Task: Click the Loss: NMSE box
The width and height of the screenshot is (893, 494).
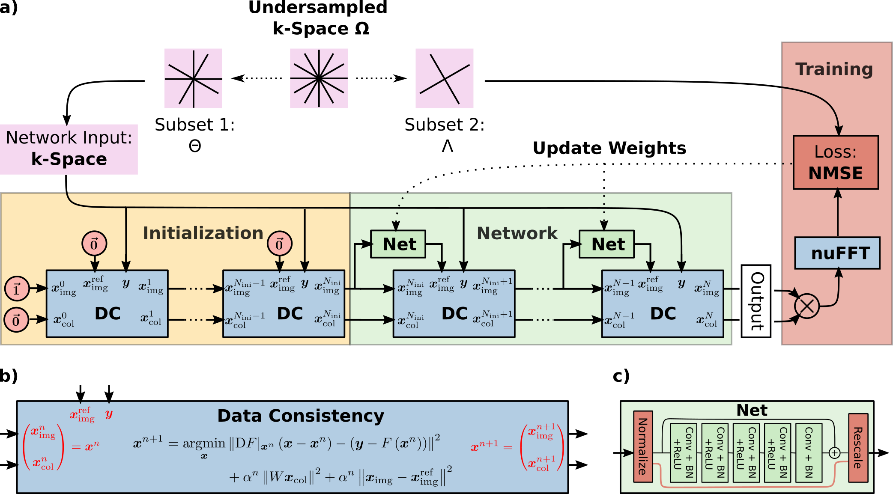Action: coord(836,163)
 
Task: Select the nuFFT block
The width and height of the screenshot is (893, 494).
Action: coord(837,253)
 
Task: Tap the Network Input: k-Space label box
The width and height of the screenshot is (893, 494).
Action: coord(69,149)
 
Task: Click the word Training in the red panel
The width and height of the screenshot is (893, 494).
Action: coord(834,69)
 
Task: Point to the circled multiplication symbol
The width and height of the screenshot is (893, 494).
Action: coord(807,306)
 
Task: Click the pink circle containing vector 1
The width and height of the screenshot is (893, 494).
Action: coord(17,289)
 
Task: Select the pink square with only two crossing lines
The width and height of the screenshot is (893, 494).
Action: coord(445,78)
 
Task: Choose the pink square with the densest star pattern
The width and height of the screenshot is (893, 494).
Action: coord(319,78)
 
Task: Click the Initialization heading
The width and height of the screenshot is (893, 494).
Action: coord(203,233)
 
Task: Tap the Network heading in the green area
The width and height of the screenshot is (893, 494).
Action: coord(517,233)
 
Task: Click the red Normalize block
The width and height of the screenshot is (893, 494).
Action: coord(643,446)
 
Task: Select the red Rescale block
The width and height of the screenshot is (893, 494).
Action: coord(858,448)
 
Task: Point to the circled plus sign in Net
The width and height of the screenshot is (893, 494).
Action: coord(835,452)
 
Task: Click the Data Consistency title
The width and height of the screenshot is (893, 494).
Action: coord(301,416)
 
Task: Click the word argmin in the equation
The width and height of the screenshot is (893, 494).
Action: coord(204,443)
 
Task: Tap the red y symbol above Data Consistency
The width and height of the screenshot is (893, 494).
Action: coord(109,414)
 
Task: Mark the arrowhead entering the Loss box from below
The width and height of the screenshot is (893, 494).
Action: coord(838,193)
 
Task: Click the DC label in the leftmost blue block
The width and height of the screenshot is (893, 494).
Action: coord(108,314)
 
